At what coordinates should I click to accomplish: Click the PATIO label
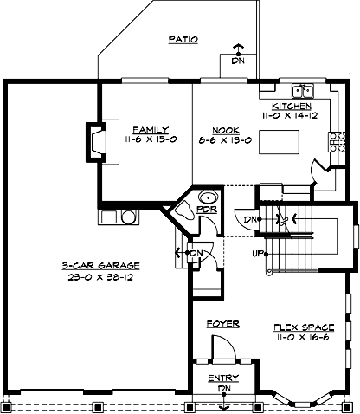click(x=183, y=39)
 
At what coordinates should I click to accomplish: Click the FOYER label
click(x=222, y=323)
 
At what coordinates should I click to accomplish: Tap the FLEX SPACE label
click(x=299, y=327)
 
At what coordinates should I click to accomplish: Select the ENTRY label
click(x=224, y=378)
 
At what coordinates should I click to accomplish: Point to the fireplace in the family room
click(x=95, y=140)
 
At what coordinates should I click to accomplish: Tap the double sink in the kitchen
click(x=303, y=89)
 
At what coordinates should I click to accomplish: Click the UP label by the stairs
click(x=257, y=254)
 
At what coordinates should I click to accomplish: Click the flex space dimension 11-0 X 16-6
click(x=299, y=339)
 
